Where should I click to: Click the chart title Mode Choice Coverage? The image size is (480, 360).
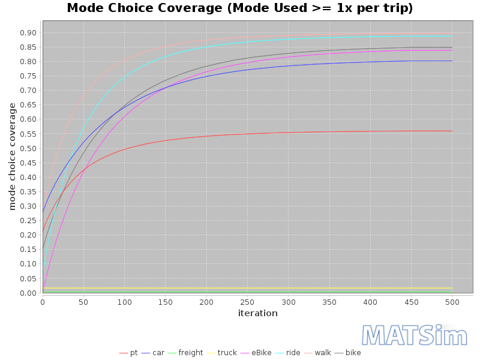(x=239, y=8)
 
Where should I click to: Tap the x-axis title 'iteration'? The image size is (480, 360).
(x=258, y=313)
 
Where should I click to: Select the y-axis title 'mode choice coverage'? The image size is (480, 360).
(x=12, y=157)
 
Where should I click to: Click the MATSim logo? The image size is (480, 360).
(x=415, y=335)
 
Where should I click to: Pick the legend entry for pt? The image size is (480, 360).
(x=128, y=353)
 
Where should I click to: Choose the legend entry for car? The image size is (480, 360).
(x=153, y=353)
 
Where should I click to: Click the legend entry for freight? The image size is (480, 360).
(x=185, y=353)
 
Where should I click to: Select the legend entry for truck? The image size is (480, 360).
(x=222, y=353)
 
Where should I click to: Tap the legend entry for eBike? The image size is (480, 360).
(x=256, y=353)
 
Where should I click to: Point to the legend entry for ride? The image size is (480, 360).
(x=288, y=353)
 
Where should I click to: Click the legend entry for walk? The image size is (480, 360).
(x=318, y=353)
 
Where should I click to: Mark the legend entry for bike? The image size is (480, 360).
(x=348, y=353)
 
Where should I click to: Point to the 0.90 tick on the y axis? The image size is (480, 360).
(x=28, y=33)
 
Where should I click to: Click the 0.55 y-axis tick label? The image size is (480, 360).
(x=28, y=134)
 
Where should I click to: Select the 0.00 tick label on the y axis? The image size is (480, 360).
(x=28, y=293)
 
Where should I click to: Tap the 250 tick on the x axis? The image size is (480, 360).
(x=247, y=302)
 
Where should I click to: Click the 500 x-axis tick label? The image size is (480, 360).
(x=452, y=302)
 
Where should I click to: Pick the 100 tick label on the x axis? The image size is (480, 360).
(x=125, y=302)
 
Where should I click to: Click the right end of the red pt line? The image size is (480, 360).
(x=452, y=131)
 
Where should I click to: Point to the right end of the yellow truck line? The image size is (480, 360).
(x=452, y=288)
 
